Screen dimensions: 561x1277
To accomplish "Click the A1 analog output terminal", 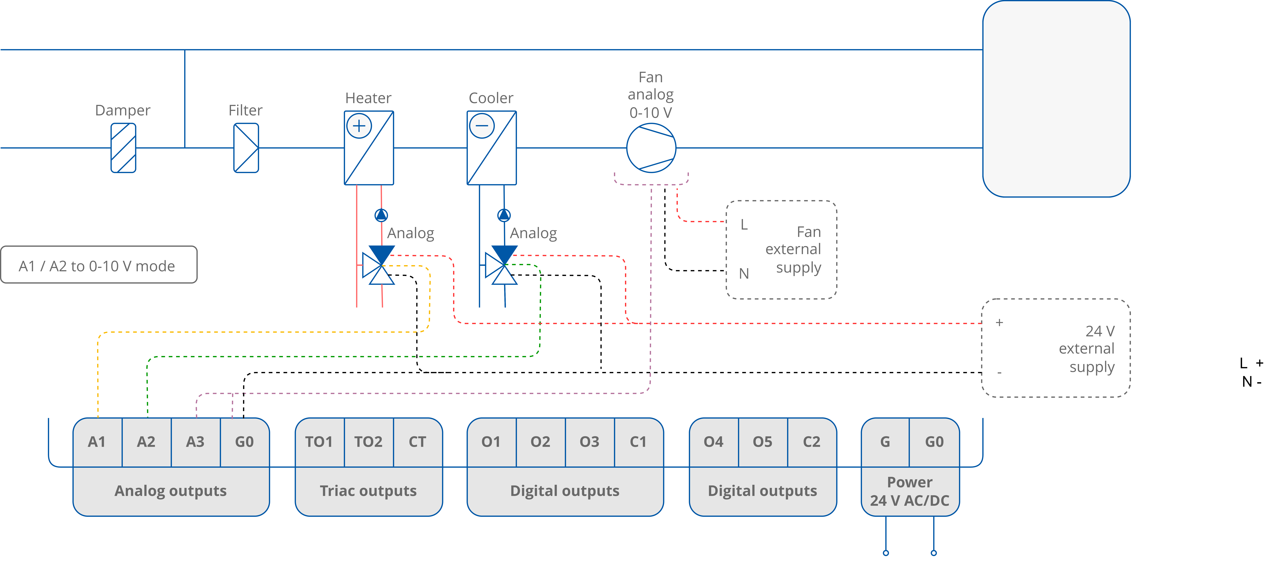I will [97, 442].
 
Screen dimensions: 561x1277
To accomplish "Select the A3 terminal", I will [195, 442].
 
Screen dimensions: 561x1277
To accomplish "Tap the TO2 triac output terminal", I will [368, 442].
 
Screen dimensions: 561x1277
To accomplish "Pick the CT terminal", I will [417, 442].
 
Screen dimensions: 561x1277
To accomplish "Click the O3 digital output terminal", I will [589, 442].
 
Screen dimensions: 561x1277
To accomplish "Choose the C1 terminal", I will [638, 442].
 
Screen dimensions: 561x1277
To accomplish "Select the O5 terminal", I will [762, 442].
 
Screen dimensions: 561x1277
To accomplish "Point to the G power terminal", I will [885, 442].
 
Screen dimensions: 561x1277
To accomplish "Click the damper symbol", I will [123, 148].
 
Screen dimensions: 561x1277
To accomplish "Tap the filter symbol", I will [246, 148].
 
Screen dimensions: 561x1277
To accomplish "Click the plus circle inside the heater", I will [359, 126].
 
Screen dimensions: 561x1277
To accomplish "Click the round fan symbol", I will [651, 148].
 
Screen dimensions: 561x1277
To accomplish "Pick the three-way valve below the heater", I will [379, 266].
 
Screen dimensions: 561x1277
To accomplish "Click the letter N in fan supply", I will [744, 274].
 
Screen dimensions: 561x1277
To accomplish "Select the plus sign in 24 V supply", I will [999, 323].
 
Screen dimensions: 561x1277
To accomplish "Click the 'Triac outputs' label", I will [368, 491].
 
